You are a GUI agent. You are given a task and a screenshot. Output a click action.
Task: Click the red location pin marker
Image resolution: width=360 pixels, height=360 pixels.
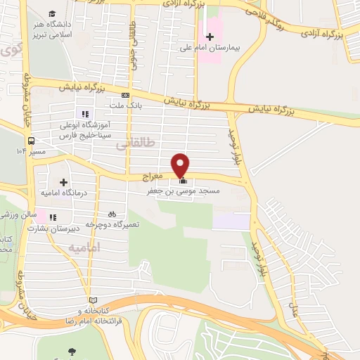181,165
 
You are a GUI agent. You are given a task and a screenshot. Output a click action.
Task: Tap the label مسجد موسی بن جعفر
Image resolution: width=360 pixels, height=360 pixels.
183,191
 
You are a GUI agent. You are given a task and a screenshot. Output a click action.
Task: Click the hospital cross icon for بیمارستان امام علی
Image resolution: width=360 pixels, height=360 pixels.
209,36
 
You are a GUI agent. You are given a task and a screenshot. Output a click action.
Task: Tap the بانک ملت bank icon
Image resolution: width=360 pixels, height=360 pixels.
126,95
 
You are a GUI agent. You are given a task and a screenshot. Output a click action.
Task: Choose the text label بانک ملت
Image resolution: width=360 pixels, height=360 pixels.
126,105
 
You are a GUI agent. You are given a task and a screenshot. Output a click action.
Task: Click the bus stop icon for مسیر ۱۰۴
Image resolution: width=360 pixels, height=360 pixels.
19,150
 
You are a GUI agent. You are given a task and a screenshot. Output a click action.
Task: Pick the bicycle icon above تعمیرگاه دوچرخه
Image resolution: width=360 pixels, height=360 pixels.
112,214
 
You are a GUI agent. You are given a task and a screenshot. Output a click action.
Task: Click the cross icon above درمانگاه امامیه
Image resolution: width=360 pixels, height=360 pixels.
64,183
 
